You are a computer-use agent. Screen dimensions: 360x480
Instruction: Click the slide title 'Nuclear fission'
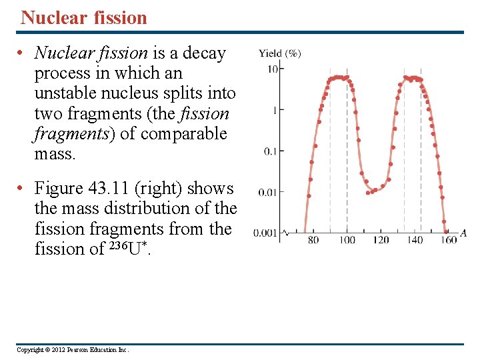(x=84, y=17)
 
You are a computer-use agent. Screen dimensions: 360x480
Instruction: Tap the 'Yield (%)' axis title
(x=280, y=53)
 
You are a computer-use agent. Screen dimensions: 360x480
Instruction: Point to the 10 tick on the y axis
(x=273, y=69)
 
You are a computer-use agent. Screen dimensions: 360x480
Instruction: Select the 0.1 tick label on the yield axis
(x=270, y=151)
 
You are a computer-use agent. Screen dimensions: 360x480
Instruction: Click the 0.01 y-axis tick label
(x=267, y=193)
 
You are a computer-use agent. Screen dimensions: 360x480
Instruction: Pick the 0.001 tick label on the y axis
(x=265, y=233)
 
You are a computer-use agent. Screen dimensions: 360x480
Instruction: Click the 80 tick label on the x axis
(x=313, y=240)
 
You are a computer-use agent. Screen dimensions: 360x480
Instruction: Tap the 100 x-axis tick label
(x=347, y=240)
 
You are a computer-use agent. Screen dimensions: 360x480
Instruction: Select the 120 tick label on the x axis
(x=381, y=240)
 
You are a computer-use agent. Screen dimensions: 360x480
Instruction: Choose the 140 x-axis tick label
(x=416, y=240)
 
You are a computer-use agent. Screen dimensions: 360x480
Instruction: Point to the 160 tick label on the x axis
(x=448, y=240)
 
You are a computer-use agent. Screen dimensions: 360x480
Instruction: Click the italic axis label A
(x=463, y=233)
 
